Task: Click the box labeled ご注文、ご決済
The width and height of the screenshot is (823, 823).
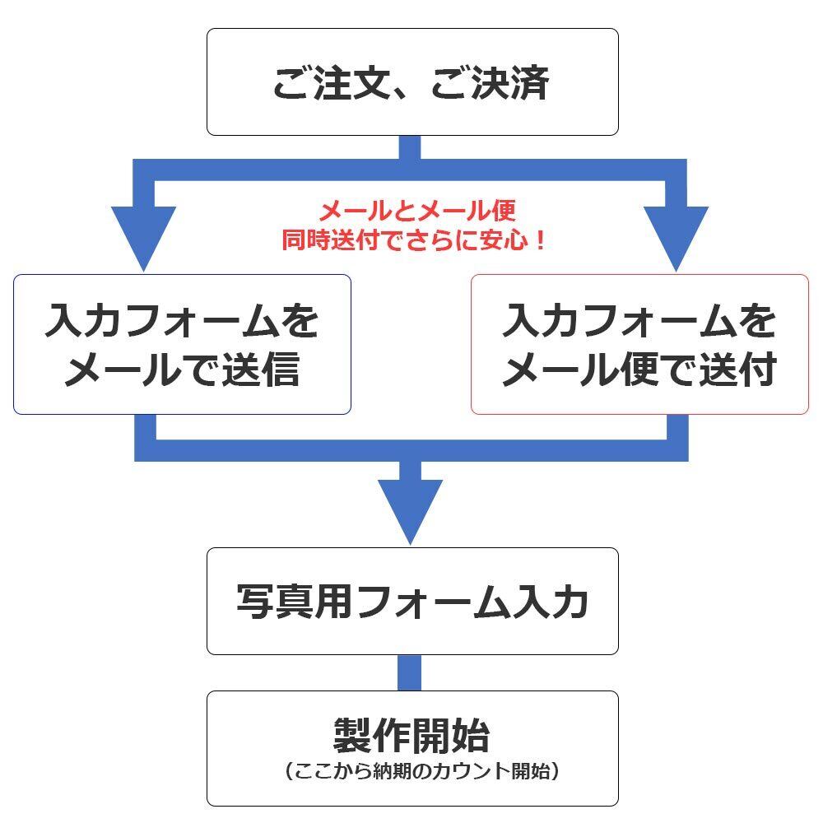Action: click(412, 81)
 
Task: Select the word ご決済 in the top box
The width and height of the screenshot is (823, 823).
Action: click(491, 83)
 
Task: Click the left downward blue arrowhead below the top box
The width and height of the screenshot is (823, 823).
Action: click(143, 237)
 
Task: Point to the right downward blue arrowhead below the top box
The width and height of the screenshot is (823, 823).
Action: click(676, 237)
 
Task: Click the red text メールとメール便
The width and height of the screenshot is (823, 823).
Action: click(417, 211)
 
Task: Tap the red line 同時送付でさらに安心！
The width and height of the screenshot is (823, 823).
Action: click(413, 239)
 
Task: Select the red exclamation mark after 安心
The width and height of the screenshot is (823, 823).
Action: click(540, 239)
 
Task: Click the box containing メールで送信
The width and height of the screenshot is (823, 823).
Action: click(182, 344)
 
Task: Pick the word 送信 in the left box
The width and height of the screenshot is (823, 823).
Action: click(261, 370)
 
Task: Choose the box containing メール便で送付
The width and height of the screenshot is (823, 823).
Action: click(639, 344)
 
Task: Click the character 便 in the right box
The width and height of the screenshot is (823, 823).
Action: click(639, 370)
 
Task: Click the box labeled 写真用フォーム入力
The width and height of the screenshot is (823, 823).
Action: click(412, 602)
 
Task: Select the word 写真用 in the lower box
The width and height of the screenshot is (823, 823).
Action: click(295, 602)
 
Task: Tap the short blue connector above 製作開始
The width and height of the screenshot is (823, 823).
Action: click(409, 673)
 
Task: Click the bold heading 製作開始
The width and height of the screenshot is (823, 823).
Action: click(411, 735)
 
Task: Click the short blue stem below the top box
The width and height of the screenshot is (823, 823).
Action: click(409, 147)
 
